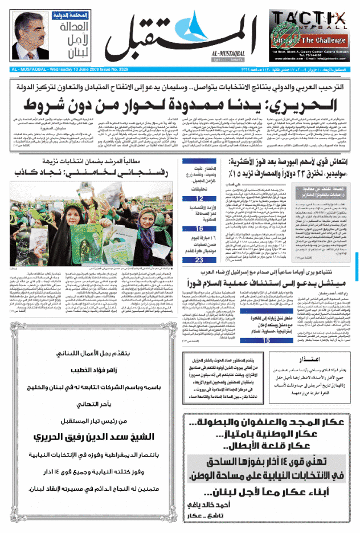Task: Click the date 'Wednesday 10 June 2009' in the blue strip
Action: (x=74, y=70)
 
